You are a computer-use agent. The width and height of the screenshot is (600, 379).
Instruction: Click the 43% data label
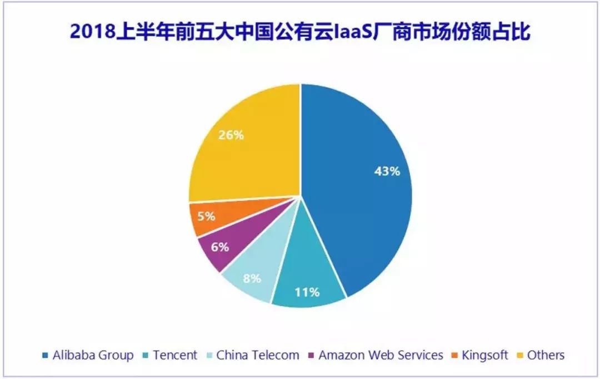(x=387, y=171)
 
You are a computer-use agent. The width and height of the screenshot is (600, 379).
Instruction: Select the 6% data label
(x=220, y=247)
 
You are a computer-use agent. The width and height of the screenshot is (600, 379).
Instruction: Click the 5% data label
(x=206, y=216)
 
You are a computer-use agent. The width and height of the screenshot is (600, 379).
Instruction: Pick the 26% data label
(x=231, y=135)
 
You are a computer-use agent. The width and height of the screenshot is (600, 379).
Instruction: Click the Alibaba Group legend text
(x=93, y=355)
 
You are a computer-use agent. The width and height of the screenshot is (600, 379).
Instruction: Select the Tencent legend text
(x=175, y=355)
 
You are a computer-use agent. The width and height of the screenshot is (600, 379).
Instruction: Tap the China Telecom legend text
(x=258, y=355)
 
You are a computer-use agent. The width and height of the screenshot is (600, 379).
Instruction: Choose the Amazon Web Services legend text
(x=381, y=355)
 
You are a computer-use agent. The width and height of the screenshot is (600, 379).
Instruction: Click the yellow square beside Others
(x=521, y=356)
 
